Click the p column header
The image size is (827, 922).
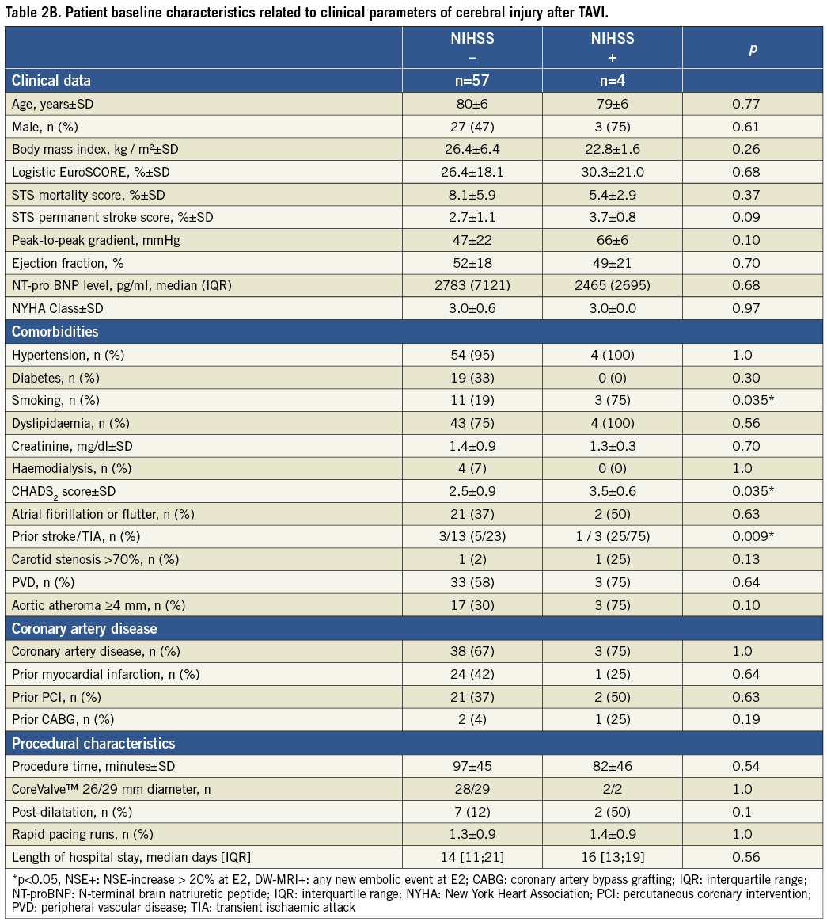click(x=753, y=49)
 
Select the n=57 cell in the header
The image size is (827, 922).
click(x=472, y=80)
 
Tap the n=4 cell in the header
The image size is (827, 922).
click(x=612, y=80)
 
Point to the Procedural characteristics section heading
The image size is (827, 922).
click(x=93, y=743)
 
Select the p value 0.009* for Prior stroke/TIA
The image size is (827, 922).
click(x=753, y=537)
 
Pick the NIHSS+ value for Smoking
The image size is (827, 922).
click(x=612, y=400)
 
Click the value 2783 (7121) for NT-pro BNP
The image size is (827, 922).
click(x=472, y=286)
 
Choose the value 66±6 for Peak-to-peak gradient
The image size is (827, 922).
click(x=612, y=240)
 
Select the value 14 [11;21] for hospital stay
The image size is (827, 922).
click(x=472, y=857)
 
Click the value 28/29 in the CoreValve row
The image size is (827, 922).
click(x=472, y=789)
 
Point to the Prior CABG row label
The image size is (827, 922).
click(x=63, y=719)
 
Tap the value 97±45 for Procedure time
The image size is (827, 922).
click(x=472, y=766)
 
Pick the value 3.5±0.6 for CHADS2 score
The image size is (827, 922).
click(x=612, y=491)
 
